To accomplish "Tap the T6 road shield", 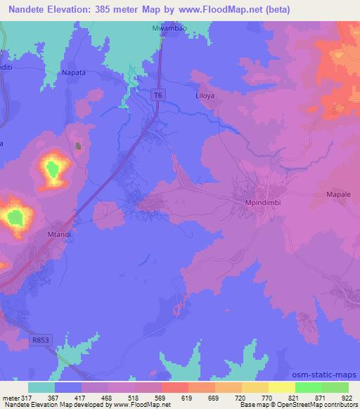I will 160,92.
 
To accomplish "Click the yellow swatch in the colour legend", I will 281,387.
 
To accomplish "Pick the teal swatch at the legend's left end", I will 41,387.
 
